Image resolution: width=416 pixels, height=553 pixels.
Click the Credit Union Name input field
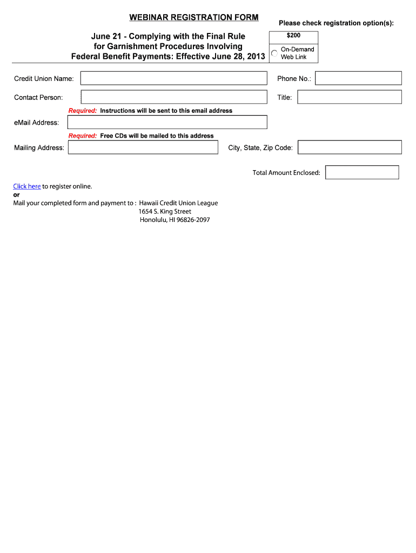coord(173,78)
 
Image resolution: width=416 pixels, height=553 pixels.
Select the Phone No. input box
coord(358,78)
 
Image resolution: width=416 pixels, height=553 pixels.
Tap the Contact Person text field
coord(173,97)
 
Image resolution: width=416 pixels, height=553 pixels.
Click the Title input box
coord(350,97)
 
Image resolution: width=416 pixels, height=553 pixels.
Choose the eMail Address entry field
coord(167,122)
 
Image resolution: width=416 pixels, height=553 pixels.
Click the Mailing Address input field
coord(143,147)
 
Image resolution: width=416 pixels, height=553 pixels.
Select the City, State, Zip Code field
coord(350,147)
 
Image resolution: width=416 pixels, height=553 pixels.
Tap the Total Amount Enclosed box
coord(362,172)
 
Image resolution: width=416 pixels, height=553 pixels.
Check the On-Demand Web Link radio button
coord(274,53)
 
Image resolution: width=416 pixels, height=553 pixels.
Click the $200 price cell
coord(293,36)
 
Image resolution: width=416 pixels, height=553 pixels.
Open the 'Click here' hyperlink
coord(27,186)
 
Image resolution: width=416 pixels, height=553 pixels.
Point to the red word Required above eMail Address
coord(82,111)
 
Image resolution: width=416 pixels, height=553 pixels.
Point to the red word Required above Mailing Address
coord(82,136)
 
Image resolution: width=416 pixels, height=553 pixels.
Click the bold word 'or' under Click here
coord(16,194)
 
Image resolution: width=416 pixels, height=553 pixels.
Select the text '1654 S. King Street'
coord(165,212)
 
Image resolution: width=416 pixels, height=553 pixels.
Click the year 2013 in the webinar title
coord(255,56)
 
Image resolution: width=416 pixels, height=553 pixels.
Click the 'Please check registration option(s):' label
coord(336,23)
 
